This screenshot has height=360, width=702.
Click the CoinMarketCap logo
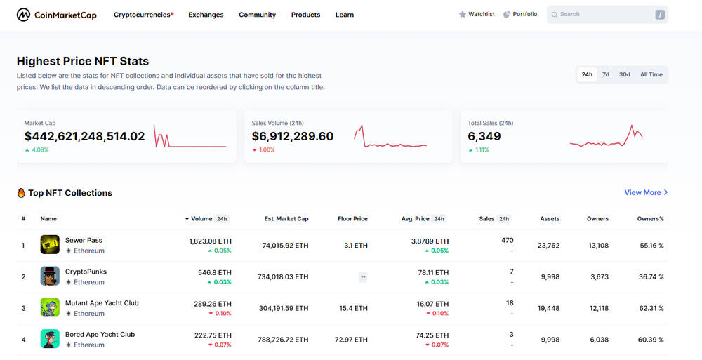point(56,15)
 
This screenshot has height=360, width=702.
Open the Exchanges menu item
point(206,15)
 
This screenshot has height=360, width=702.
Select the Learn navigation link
point(345,15)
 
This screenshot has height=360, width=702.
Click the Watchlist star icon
point(463,14)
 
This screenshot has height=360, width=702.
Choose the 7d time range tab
point(606,74)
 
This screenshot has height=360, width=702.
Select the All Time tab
point(651,74)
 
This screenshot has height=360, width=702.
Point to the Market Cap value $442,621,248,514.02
point(85,136)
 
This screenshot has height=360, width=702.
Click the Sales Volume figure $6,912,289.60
point(293,136)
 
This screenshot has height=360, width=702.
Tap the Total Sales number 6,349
point(484,136)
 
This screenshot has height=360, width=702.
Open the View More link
point(646,192)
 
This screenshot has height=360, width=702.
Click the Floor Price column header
point(353,219)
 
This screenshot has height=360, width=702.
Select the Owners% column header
point(651,219)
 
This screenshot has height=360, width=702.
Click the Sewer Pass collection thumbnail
point(50,245)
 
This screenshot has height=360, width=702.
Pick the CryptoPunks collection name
point(86,272)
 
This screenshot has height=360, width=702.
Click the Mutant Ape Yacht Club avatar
point(50,307)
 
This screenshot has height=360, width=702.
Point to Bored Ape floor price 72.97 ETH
point(351,340)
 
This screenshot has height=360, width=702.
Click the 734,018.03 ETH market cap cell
point(283,277)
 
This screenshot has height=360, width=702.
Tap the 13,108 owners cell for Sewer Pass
point(599,246)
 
